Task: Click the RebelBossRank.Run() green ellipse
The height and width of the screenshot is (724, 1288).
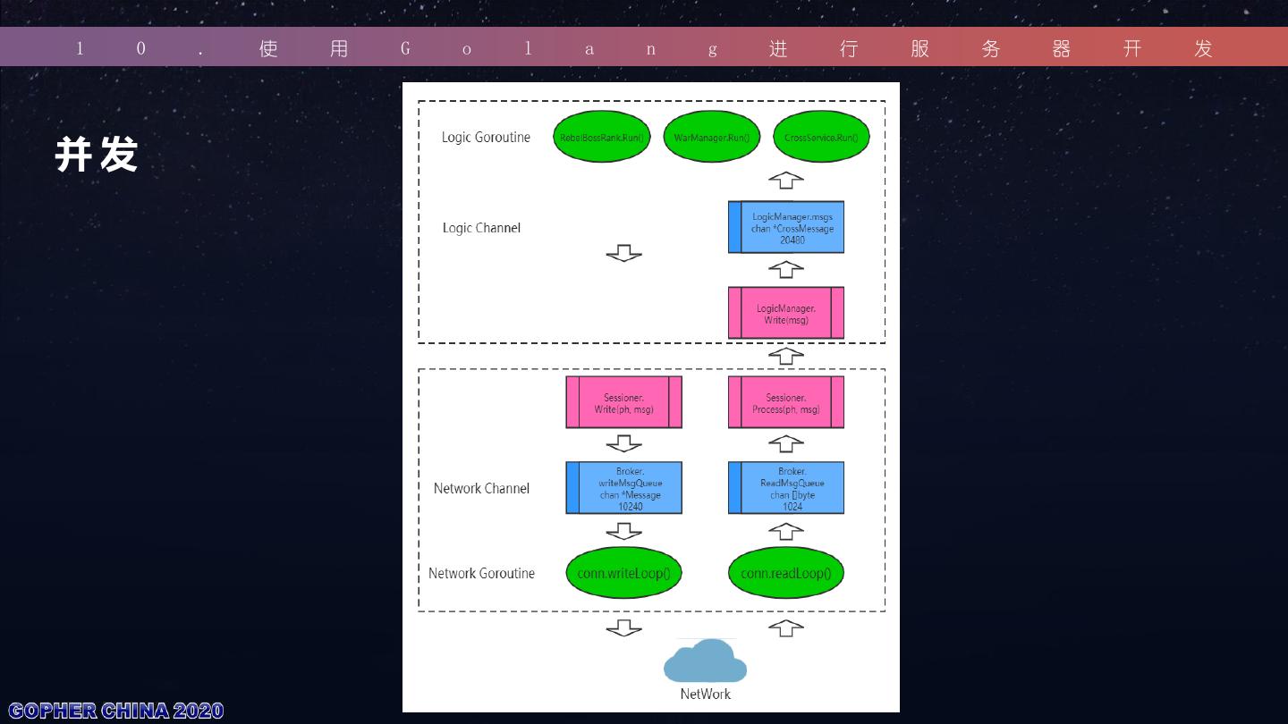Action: coord(601,138)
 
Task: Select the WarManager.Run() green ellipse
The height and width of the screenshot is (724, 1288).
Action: coord(711,138)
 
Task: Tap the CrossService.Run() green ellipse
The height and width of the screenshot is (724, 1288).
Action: coord(821,138)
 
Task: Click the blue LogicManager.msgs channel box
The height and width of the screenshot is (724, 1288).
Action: coord(786,228)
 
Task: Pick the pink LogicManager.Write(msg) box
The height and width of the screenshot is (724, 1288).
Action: coord(786,314)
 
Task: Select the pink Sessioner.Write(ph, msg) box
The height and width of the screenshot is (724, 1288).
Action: coord(623,403)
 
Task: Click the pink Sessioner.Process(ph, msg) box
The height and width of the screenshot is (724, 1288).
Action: coord(786,403)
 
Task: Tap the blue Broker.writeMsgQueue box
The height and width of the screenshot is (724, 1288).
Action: coord(623,488)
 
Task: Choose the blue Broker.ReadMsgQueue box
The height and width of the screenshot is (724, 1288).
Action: coord(786,488)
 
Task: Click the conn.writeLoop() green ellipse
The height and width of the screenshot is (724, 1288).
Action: coord(623,573)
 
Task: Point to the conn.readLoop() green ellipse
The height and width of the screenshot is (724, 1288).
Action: coord(786,573)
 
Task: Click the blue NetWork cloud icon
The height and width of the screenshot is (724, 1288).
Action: coord(705,661)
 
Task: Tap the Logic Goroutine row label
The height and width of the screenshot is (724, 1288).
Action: coord(486,138)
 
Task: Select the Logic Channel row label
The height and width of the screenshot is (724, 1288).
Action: coord(481,228)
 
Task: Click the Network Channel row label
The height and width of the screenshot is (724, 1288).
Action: coord(481,489)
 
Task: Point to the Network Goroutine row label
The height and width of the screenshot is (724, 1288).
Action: coord(481,574)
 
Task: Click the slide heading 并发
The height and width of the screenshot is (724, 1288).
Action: coord(97,155)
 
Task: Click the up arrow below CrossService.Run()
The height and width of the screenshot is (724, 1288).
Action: coord(786,181)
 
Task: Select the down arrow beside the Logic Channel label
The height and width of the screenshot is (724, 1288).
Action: coord(623,254)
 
